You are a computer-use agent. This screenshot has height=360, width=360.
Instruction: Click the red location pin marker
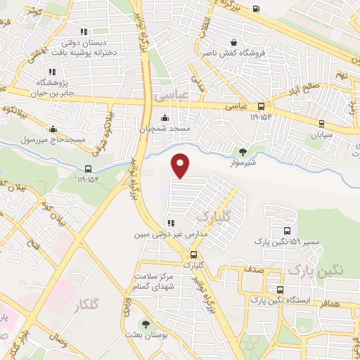[x=181, y=165]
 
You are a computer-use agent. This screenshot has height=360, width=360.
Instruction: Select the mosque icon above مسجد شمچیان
[x=165, y=117]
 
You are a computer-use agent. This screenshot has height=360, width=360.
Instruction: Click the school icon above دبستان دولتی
[x=84, y=31]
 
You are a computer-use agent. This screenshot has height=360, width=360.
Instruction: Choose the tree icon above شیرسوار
[x=243, y=150]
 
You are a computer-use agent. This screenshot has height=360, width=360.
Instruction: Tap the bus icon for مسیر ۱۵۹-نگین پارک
[x=286, y=231]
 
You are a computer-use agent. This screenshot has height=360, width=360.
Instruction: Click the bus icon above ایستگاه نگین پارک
[x=281, y=290]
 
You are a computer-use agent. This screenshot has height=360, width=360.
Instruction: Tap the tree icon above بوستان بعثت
[x=146, y=324]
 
